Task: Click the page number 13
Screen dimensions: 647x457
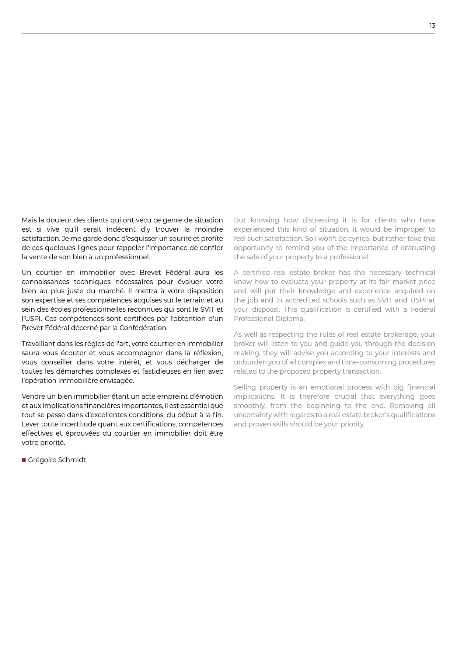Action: point(432,25)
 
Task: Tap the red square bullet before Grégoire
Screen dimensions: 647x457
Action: point(24,460)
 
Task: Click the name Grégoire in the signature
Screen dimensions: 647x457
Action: point(41,460)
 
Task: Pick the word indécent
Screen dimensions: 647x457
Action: point(121,229)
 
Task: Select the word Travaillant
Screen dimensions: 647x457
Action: point(38,344)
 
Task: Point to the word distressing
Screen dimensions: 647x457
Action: point(320,220)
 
